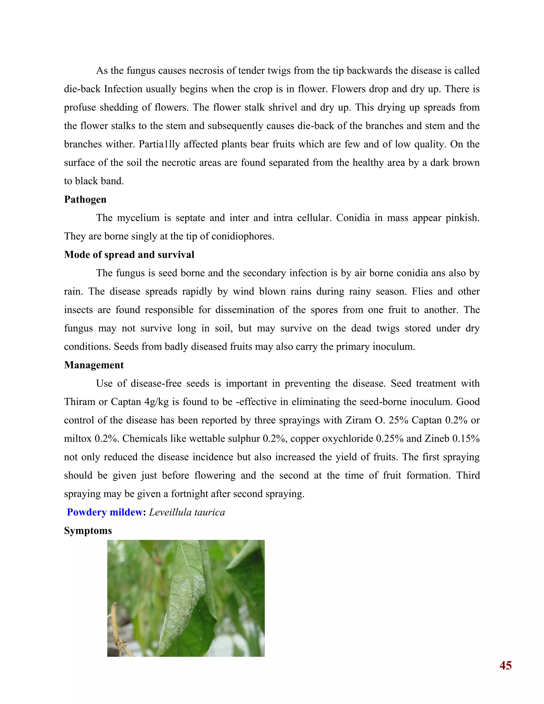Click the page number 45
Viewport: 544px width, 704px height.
pos(505,665)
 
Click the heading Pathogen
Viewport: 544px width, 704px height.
pos(85,200)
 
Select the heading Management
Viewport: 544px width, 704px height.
pos(94,365)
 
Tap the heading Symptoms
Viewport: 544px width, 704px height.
pos(88,531)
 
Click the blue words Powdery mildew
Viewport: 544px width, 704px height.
pos(104,512)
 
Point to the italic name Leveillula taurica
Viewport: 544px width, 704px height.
pos(187,512)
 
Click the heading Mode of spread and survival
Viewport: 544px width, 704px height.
pos(129,255)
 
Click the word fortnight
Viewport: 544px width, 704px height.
pos(192,494)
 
